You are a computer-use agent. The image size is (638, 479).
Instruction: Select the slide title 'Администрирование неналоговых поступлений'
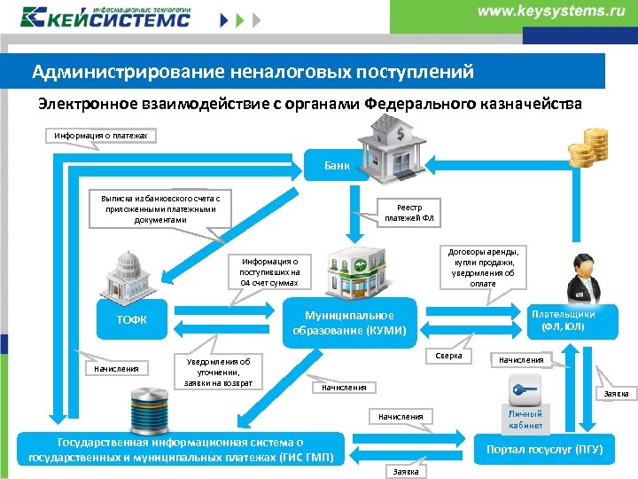click(x=253, y=72)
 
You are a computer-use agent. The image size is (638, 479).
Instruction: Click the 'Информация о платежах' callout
click(x=100, y=136)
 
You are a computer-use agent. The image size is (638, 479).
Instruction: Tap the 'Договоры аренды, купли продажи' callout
click(x=483, y=266)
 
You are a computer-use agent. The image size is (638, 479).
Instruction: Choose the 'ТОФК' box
click(x=133, y=319)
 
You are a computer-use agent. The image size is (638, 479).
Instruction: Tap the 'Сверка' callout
click(x=449, y=356)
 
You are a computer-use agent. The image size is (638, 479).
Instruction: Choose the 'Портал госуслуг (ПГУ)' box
click(x=545, y=450)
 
